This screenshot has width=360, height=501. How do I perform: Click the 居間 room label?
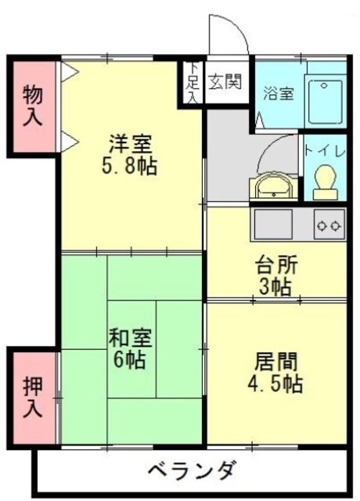pyautogui.click(x=275, y=362)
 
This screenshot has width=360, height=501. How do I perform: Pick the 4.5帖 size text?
pyautogui.click(x=275, y=384)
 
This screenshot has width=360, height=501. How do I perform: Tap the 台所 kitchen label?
pyautogui.click(x=275, y=265)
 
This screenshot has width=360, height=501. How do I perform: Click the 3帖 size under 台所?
pyautogui.click(x=275, y=287)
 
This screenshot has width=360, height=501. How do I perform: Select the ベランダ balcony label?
pyautogui.click(x=191, y=471)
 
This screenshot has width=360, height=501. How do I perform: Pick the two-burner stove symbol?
pyautogui.click(x=329, y=225)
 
